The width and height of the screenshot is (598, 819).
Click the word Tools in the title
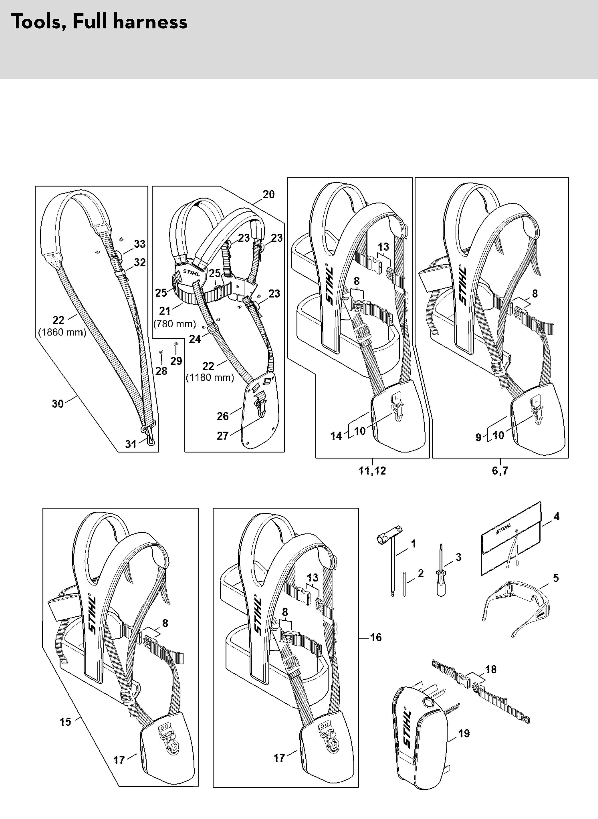point(38,22)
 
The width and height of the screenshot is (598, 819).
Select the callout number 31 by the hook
point(131,444)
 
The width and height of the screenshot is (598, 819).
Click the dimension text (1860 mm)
point(62,332)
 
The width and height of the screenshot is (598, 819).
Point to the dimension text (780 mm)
point(175,324)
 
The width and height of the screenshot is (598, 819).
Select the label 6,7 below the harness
point(500,471)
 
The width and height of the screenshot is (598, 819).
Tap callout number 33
point(140,244)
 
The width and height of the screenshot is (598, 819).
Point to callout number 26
point(223,416)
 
